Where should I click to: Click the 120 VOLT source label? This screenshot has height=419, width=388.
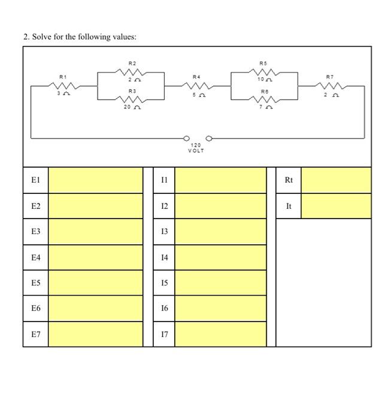(196, 148)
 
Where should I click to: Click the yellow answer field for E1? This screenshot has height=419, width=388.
(95, 180)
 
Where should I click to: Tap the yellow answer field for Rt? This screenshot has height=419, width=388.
(335, 180)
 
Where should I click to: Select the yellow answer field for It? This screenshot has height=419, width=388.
(335, 206)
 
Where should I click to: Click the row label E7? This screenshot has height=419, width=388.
(35, 334)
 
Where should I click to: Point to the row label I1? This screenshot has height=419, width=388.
(164, 180)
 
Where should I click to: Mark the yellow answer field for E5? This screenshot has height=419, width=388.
(95, 283)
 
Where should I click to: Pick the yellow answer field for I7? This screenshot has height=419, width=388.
(220, 334)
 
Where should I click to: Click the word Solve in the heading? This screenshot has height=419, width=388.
(42, 37)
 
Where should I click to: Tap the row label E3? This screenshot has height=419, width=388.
(35, 232)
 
